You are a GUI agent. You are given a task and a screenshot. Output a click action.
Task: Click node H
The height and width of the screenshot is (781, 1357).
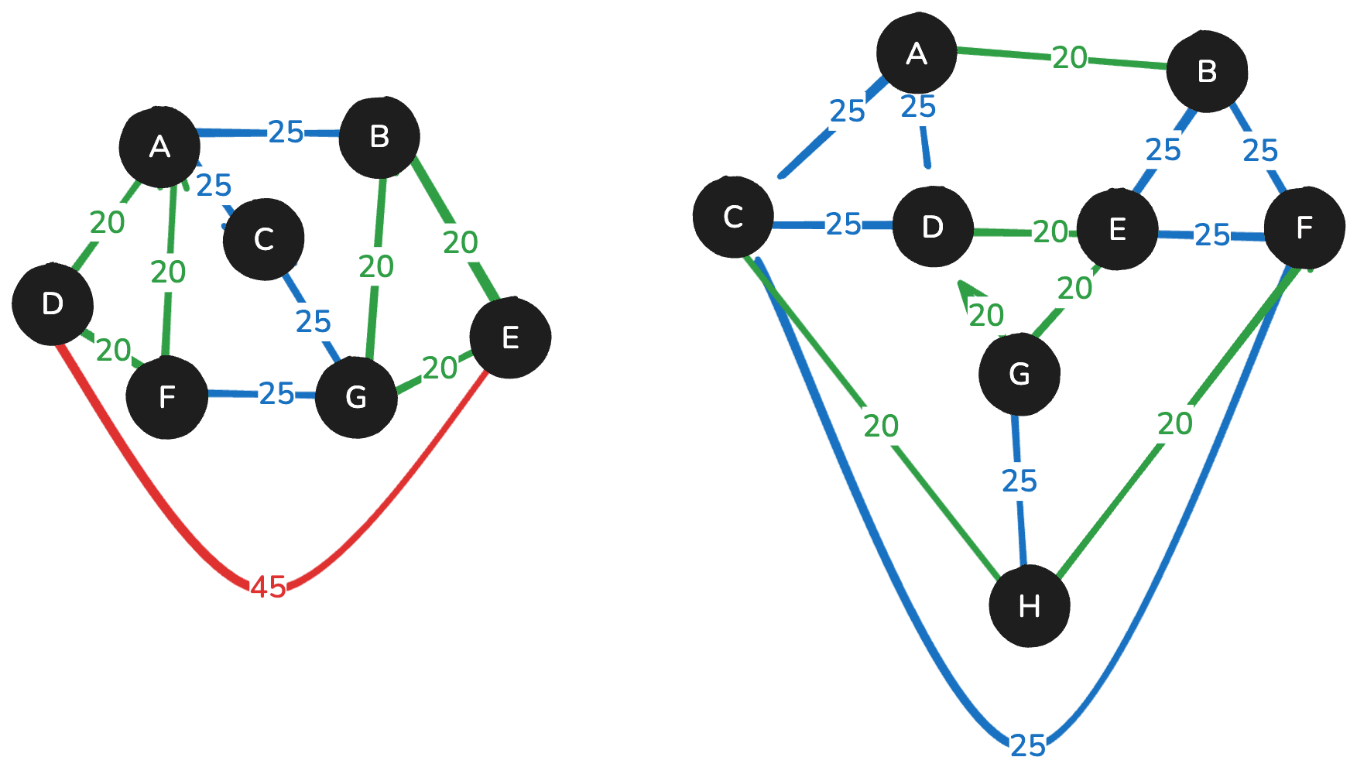coord(1030,606)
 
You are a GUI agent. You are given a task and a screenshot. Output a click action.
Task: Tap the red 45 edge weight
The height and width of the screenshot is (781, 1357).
coord(269,587)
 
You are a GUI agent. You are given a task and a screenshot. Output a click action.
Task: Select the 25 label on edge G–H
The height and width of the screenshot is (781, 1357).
coord(1019,481)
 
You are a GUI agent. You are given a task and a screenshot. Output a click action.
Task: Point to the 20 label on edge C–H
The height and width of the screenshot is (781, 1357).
coord(881,426)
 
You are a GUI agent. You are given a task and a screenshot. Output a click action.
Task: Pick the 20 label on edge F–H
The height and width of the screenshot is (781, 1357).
coord(1174,423)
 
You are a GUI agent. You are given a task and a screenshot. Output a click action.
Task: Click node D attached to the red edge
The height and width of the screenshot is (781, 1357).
coord(53,304)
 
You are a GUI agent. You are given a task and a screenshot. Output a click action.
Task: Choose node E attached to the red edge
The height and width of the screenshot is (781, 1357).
coord(510,338)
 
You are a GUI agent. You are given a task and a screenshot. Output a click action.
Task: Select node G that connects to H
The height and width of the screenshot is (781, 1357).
coord(1019,375)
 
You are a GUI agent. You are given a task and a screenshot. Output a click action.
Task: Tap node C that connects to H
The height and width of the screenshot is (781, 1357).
coord(733,218)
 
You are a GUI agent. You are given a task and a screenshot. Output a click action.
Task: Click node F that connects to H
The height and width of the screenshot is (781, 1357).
coord(1304,228)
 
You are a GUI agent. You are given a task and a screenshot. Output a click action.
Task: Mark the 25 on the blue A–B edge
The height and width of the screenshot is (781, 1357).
coord(286,132)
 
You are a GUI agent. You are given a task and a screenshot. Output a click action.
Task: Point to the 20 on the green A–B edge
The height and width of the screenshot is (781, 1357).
coord(1070,58)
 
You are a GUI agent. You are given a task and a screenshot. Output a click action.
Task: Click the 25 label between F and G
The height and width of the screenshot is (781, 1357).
coord(276,394)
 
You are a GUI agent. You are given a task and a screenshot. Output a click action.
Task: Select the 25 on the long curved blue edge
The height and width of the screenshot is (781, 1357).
coord(1028,745)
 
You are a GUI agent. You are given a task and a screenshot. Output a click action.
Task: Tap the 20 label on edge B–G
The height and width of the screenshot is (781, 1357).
coord(376,267)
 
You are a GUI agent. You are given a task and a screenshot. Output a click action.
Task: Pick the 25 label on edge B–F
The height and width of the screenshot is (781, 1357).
coord(1259,150)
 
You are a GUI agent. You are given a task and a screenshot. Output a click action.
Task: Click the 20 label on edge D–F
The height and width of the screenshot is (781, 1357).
coord(113,350)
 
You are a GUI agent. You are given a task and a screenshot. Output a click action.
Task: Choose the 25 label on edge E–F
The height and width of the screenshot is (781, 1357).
coord(1211,234)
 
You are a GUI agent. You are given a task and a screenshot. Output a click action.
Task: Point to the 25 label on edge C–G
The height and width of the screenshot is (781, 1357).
coord(313,321)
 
